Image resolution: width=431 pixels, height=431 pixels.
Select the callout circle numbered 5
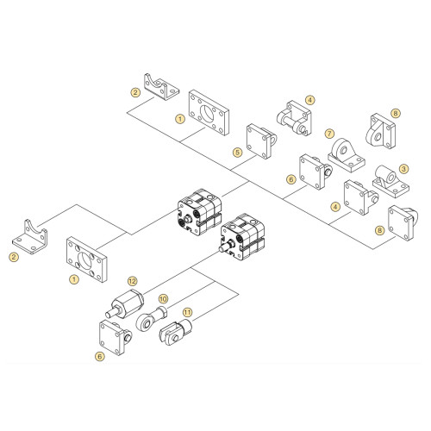[x=236, y=153]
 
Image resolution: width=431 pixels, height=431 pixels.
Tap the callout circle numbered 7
[x=329, y=134]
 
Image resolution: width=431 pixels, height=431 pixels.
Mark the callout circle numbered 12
[x=132, y=281]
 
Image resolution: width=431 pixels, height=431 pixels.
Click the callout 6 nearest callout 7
[x=291, y=179]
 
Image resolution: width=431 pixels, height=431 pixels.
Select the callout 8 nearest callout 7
[x=396, y=113]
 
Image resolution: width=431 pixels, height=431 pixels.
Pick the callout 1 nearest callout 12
[x=73, y=278]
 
